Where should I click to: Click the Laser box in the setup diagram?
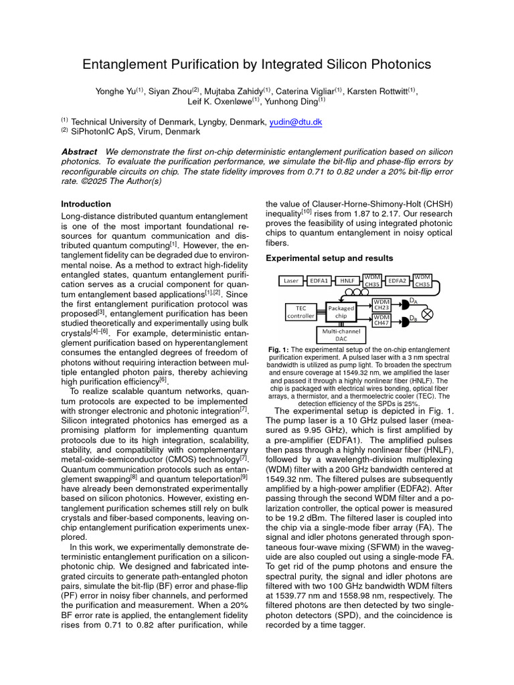(x=291, y=281)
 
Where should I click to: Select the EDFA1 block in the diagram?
(x=319, y=281)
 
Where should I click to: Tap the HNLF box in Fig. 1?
(x=348, y=281)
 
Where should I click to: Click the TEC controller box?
(x=301, y=312)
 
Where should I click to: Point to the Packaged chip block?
(x=341, y=312)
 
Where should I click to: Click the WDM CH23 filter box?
(x=381, y=305)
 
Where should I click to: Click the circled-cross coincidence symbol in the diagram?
(x=426, y=313)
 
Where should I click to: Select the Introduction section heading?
(x=86, y=204)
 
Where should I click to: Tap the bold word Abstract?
(x=78, y=152)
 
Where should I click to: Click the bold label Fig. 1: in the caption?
(x=278, y=350)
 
